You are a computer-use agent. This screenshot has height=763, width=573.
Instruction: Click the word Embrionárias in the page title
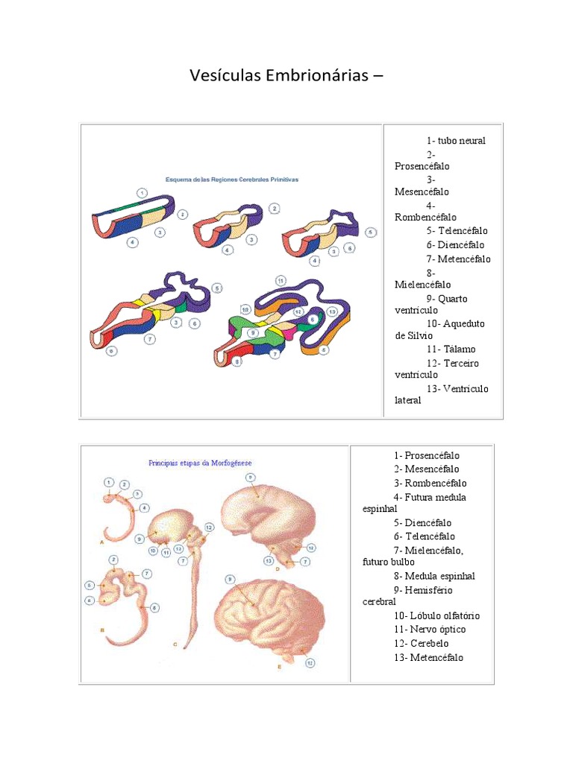point(302,76)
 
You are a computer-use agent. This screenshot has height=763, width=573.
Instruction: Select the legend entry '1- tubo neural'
point(456,140)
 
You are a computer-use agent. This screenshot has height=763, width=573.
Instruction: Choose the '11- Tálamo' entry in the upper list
point(451,349)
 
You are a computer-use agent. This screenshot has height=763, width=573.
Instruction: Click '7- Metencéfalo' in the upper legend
point(459,259)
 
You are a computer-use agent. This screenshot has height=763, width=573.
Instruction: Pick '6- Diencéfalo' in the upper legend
point(456,244)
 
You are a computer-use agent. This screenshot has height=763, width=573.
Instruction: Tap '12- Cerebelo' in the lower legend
point(422,643)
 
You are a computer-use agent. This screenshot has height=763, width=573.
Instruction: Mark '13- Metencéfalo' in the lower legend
point(428,657)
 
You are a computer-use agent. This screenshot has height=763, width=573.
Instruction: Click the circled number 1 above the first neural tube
point(140,191)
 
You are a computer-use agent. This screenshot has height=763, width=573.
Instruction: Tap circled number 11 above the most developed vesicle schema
point(280,280)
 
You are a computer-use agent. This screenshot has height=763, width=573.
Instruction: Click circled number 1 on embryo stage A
point(109,481)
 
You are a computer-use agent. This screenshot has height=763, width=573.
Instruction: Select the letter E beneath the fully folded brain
point(279,666)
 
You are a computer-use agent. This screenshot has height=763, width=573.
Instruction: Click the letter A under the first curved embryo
point(101,544)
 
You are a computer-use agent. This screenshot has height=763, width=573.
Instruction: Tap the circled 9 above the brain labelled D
point(250,477)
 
